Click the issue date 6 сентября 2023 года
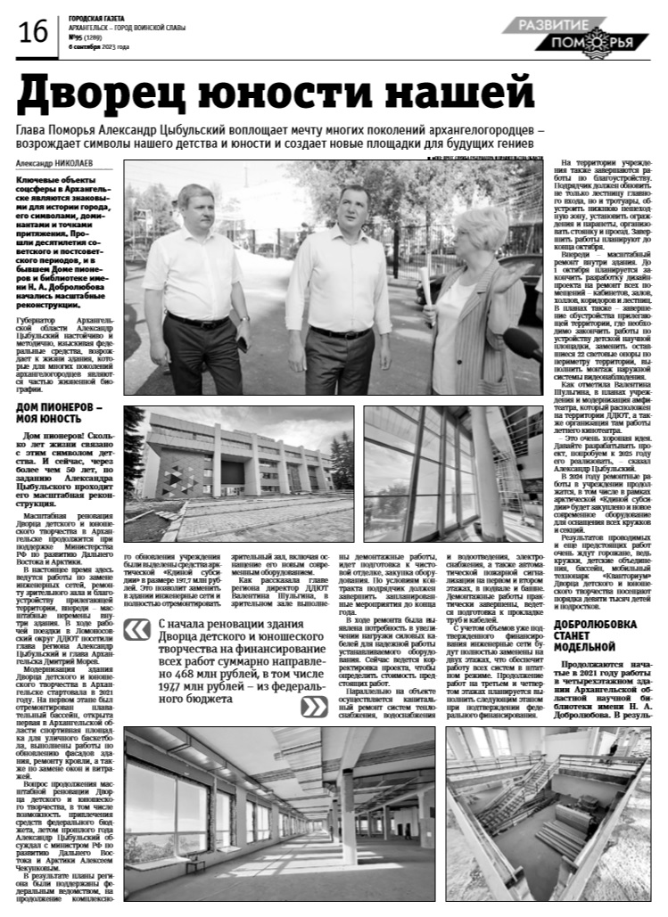(x=99, y=46)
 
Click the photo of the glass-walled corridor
(x=453, y=472)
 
